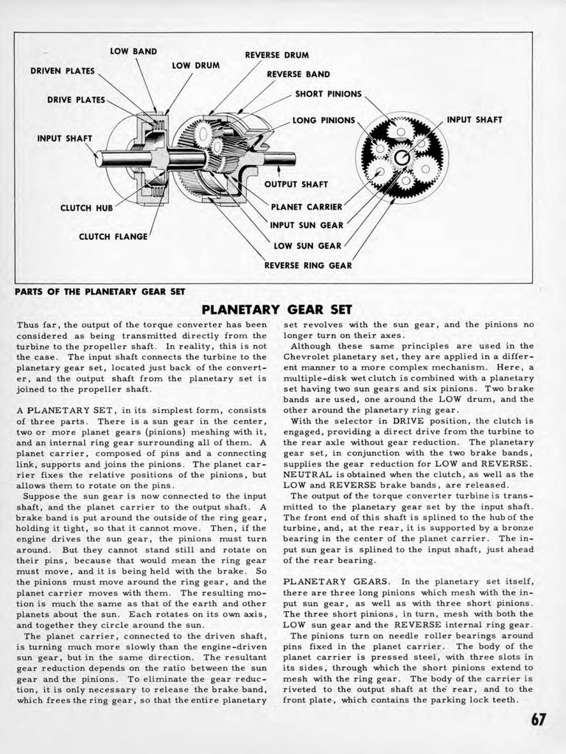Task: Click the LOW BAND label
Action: tap(133, 52)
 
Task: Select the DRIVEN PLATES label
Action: tap(62, 71)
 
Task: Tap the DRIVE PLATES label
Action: tap(76, 100)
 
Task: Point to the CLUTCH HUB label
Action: tap(85, 208)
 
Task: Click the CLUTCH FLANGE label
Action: tap(113, 236)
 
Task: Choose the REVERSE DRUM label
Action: tap(276, 55)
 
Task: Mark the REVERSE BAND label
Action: tap(298, 74)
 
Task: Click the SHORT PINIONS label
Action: tap(328, 94)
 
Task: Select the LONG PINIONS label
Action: tap(324, 120)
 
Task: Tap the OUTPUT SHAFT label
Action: tap(296, 184)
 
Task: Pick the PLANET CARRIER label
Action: tap(307, 207)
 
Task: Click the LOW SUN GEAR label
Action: tap(307, 246)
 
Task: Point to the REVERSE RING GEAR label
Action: tap(308, 265)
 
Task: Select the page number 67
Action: tap(539, 719)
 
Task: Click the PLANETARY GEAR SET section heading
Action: tap(277, 309)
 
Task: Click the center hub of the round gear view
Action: tap(401, 158)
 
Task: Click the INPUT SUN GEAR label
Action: tap(307, 226)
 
